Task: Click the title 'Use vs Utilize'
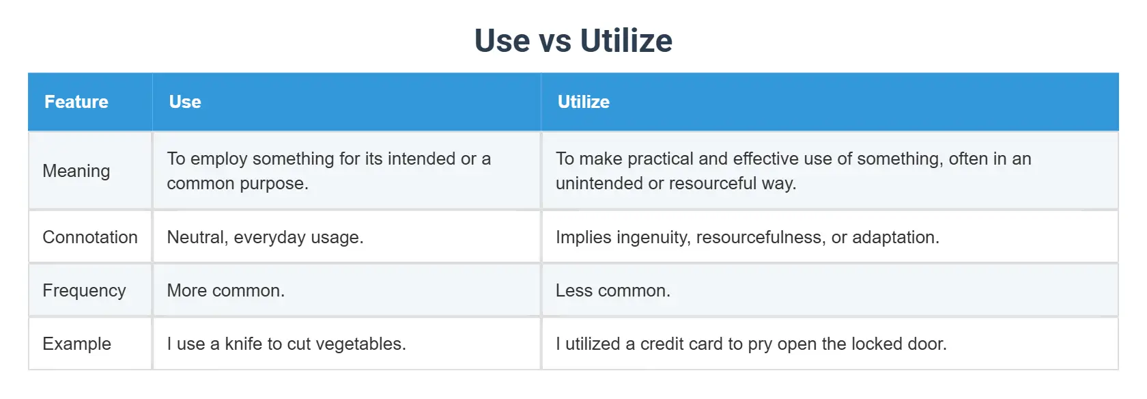(x=573, y=40)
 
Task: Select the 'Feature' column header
(x=76, y=102)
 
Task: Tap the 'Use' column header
(x=185, y=102)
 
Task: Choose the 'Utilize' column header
(x=584, y=102)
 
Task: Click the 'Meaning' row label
(x=76, y=171)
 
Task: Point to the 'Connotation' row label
(x=90, y=237)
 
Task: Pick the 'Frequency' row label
(x=84, y=290)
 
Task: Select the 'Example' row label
(x=76, y=344)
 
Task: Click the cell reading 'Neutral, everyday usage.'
(x=265, y=237)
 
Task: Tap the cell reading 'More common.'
(x=226, y=290)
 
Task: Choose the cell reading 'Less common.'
(x=613, y=290)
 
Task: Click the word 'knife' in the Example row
(x=243, y=344)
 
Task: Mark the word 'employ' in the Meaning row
(x=216, y=159)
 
